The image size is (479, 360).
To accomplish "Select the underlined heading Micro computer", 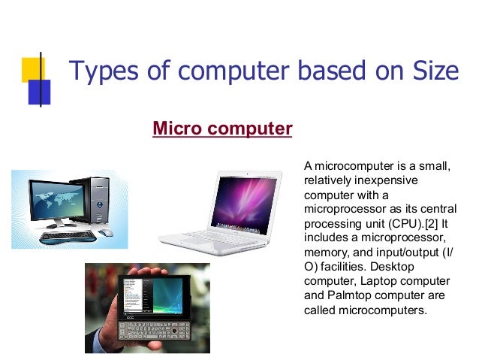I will tap(222, 129).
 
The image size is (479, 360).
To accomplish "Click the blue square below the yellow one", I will tap(39, 92).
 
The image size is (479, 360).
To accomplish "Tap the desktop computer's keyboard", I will tap(68, 236).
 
